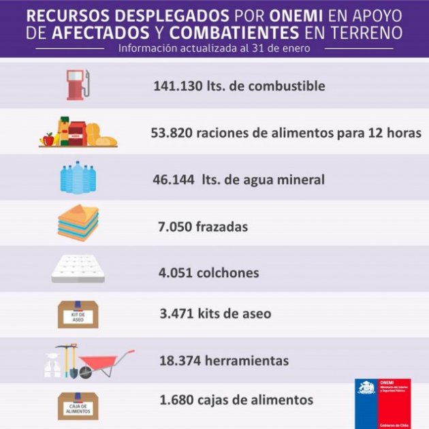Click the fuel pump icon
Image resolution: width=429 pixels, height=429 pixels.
(77, 84)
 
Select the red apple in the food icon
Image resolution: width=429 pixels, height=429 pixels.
(48, 139)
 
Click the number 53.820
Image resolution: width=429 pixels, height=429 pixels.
(171, 133)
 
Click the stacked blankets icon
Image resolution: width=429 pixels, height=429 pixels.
(78, 223)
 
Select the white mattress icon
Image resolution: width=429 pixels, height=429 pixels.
(78, 269)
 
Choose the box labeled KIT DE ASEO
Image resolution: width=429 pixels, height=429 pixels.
(78, 315)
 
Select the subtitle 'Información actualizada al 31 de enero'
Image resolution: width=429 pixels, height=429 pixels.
(214, 48)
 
